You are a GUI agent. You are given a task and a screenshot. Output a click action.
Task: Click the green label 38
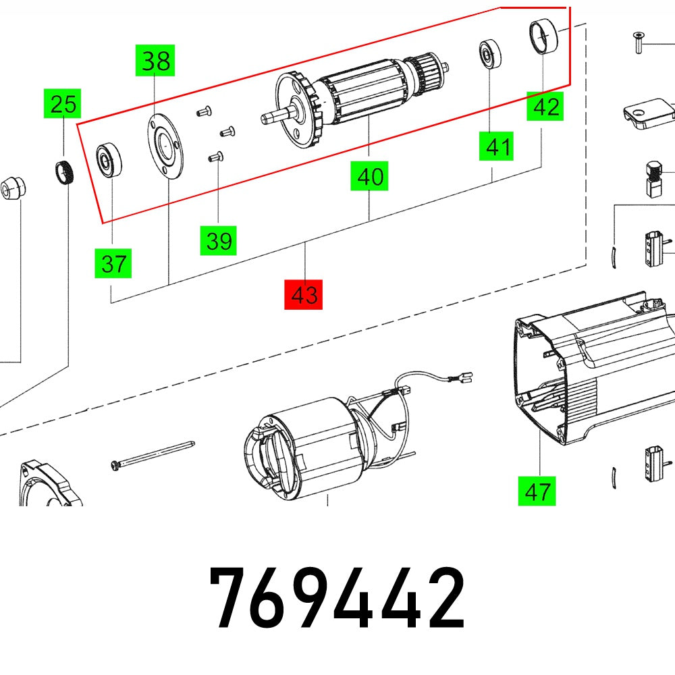click(156, 61)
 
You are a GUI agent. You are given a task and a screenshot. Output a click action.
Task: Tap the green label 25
click(63, 104)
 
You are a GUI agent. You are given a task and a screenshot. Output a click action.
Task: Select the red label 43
click(304, 295)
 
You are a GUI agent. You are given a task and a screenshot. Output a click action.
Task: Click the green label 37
click(113, 263)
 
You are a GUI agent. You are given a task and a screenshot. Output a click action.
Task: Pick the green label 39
click(219, 240)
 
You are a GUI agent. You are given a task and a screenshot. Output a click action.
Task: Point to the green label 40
click(369, 178)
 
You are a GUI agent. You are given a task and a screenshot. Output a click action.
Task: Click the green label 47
click(537, 491)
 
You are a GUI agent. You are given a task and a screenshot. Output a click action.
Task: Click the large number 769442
click(337, 598)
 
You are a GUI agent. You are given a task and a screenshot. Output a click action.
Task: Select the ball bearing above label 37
click(107, 160)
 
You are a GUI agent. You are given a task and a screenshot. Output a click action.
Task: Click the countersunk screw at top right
click(636, 43)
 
